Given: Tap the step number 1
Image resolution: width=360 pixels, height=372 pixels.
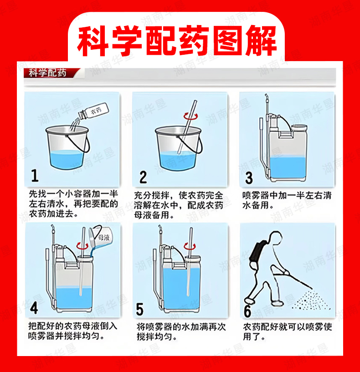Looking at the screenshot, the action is [35, 176].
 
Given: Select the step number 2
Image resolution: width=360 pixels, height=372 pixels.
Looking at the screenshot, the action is [143, 177].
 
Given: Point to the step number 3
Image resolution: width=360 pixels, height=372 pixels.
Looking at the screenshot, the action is [249, 178].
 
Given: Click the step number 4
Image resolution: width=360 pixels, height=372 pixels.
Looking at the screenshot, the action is [34, 308].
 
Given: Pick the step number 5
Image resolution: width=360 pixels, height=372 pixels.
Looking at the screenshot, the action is [140, 310].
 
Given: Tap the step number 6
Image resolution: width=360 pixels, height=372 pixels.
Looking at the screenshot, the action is [247, 311].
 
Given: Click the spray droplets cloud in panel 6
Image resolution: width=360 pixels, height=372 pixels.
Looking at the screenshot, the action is [311, 300].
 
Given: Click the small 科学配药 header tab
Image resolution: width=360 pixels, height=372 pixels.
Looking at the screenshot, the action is [47, 73].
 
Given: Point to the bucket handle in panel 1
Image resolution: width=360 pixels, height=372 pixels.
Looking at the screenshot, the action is [82, 144].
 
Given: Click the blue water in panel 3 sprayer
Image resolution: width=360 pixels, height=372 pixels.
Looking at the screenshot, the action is [288, 167].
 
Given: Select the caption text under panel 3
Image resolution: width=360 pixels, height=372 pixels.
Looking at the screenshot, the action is [287, 201].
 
